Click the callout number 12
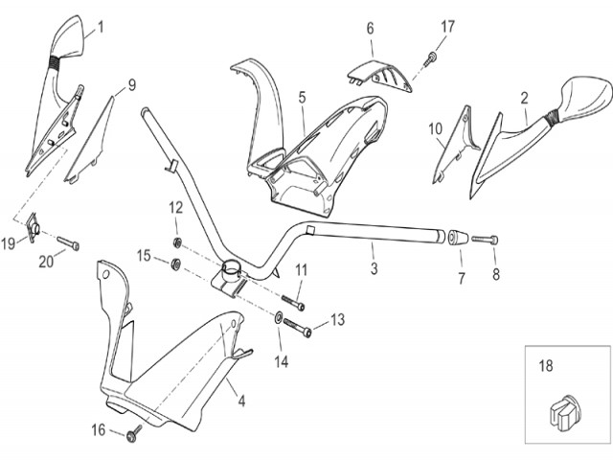pos(176,208)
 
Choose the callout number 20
pos(46,260)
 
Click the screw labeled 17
pos(432,59)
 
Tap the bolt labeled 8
pos(484,237)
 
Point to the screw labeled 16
pos(130,437)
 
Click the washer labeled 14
pos(278,317)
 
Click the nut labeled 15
pos(177,263)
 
